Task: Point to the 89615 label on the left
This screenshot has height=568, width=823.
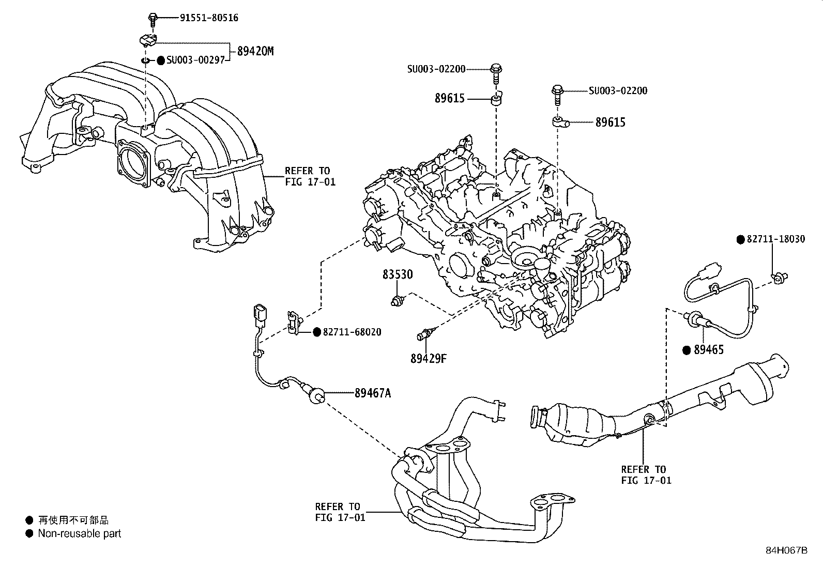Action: coord(449,99)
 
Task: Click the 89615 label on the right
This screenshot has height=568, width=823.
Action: coord(610,122)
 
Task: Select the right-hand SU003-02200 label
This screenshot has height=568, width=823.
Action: coord(618,91)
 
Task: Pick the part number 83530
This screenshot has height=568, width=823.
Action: coord(398,274)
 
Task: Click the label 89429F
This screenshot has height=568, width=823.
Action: coord(428,358)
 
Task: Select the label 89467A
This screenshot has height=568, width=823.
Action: coord(372,394)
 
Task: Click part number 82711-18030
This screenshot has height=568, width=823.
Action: coord(775,240)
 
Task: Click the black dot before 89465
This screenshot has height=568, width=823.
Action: coord(687,350)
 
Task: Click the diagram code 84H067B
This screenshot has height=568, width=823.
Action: coord(786,550)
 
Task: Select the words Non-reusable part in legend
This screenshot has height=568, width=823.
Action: coord(79,533)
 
